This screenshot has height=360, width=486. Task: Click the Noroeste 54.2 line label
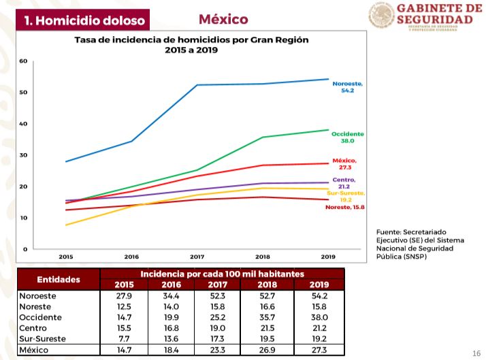tap(348, 86)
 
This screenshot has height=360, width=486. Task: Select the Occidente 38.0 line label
tap(348, 137)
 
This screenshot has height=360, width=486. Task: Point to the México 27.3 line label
tap(344, 163)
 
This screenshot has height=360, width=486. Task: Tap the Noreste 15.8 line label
tap(346, 207)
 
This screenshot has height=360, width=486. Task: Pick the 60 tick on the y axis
tap(24, 61)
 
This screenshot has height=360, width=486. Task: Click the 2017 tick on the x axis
tap(197, 257)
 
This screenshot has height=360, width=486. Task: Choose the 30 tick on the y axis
tap(24, 155)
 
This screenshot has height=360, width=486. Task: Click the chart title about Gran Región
tap(191, 45)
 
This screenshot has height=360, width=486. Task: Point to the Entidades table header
tap(59, 279)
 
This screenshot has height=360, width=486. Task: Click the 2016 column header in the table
tap(172, 284)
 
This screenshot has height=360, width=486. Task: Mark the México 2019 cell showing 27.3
tap(319, 349)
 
